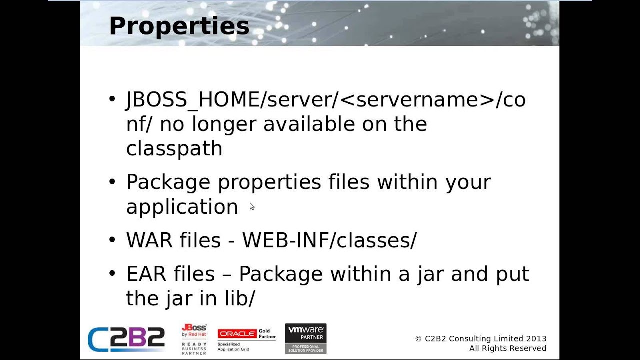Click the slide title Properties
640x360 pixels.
[179, 26]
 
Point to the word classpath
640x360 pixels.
[174, 149]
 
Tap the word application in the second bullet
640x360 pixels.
[182, 207]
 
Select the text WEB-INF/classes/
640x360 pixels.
[329, 240]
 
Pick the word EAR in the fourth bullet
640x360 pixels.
[145, 274]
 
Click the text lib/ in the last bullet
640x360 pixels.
[240, 298]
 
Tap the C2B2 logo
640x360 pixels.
[126, 339]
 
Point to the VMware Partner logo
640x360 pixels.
[305, 338]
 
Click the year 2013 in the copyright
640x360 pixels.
[536, 339]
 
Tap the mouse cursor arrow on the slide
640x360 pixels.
[251, 206]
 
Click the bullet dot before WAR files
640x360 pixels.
[112, 240]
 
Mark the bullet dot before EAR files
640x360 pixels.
[112, 274]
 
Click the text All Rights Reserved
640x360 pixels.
[507, 348]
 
